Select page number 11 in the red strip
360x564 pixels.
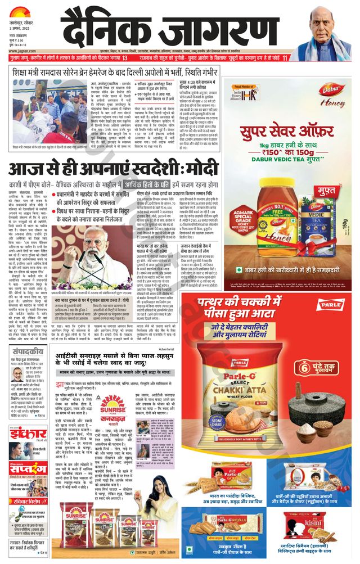point(285,58)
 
